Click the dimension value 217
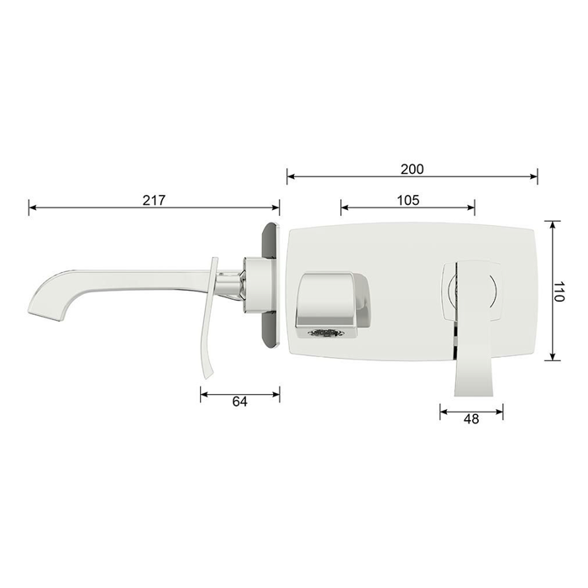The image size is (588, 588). (154, 200)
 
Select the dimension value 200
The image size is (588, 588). (412, 170)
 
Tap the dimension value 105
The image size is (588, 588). (408, 200)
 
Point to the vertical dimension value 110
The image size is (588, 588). (559, 291)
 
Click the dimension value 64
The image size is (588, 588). (240, 402)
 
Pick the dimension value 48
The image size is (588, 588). (471, 419)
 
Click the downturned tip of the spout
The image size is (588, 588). (45, 316)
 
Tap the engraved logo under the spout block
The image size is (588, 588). (325, 333)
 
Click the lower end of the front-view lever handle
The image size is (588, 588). (475, 393)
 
